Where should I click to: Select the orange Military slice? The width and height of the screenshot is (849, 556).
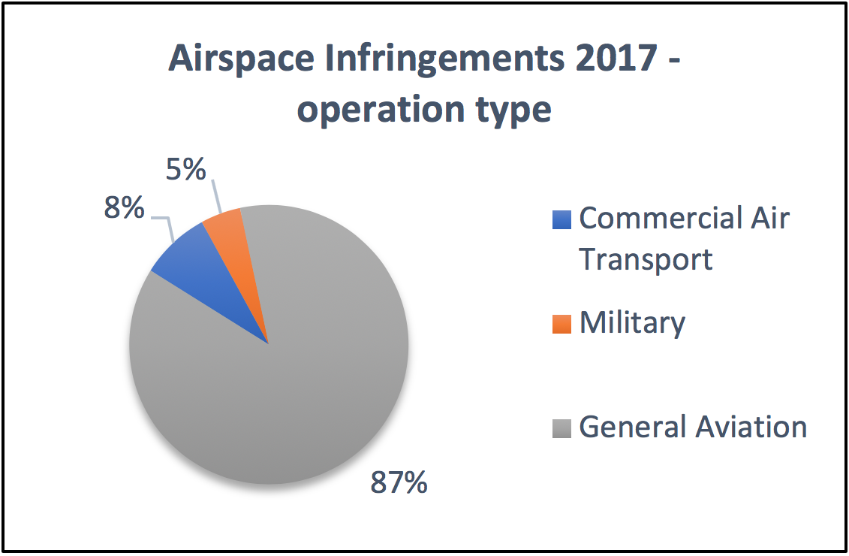(233, 240)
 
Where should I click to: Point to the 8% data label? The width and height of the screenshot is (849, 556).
(125, 207)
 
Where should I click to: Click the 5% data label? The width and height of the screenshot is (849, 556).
(185, 170)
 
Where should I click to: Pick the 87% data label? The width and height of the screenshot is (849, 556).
(399, 482)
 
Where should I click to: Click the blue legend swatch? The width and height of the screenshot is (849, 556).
(561, 219)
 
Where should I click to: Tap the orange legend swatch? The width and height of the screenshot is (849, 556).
(561, 324)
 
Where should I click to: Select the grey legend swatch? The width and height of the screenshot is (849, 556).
(561, 428)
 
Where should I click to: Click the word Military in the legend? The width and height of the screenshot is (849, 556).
(632, 322)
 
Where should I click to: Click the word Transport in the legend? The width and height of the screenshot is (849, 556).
(646, 259)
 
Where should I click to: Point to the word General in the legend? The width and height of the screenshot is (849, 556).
(631, 427)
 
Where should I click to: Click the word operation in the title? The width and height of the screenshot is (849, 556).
(381, 110)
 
